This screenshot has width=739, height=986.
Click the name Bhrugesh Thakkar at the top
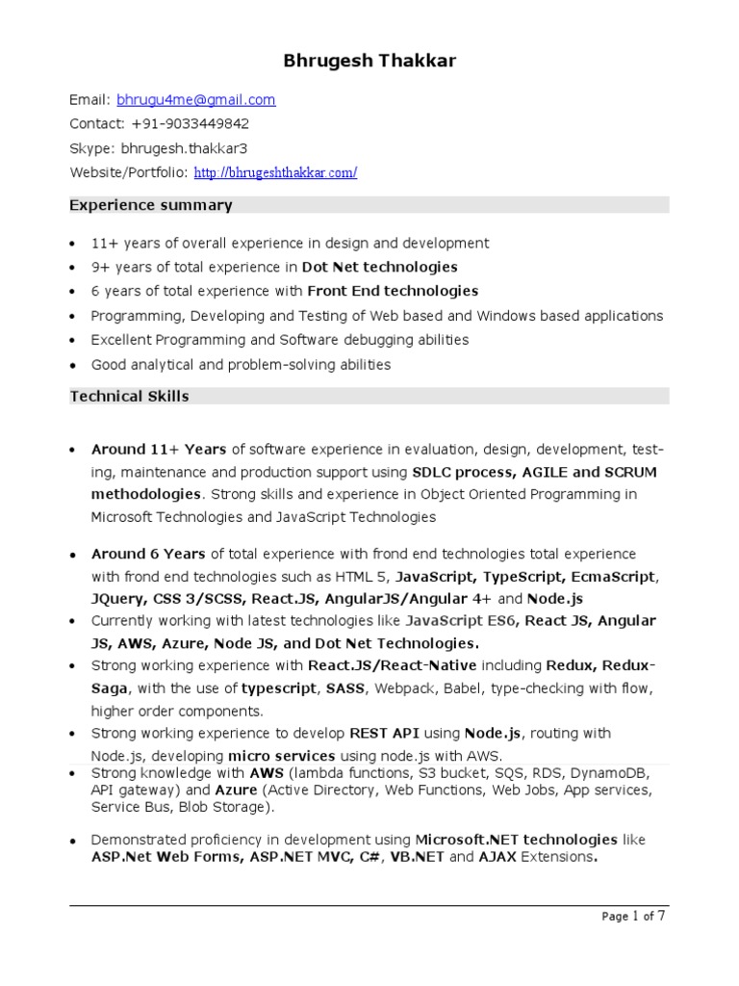369,62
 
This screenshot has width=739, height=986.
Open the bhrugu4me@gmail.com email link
196,99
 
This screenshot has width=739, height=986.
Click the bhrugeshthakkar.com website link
275,173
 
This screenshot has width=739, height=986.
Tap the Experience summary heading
151,205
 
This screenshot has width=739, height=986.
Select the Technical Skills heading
130,396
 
